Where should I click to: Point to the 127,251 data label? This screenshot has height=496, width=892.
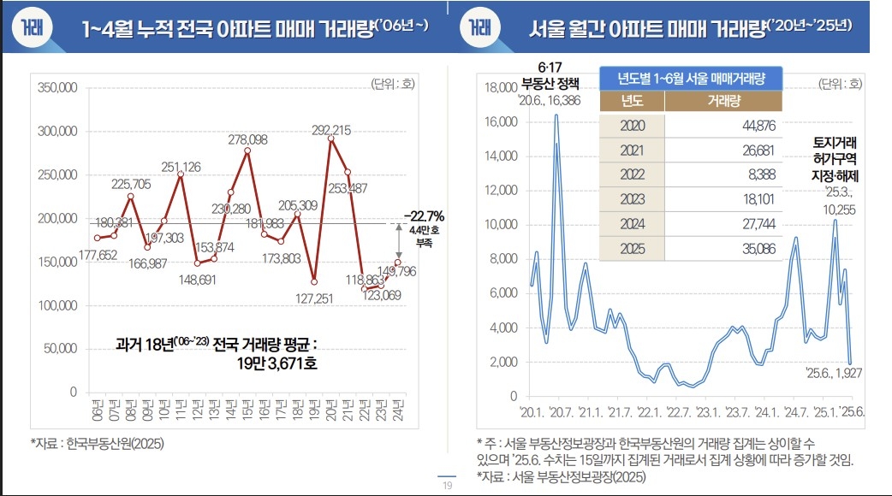tap(313, 299)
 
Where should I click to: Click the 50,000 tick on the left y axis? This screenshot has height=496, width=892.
tap(61, 349)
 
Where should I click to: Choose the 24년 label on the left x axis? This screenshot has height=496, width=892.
tap(397, 409)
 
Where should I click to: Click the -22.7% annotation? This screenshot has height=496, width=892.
tap(425, 215)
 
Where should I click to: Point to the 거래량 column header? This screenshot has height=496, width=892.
tap(723, 101)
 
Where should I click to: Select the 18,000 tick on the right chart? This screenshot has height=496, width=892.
tap(501, 87)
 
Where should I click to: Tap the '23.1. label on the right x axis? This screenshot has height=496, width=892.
tap(708, 410)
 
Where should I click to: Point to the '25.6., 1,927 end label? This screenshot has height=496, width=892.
tap(833, 373)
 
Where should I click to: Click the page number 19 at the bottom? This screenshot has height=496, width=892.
tap(447, 486)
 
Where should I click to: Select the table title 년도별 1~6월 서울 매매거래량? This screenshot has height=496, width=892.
tap(691, 78)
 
